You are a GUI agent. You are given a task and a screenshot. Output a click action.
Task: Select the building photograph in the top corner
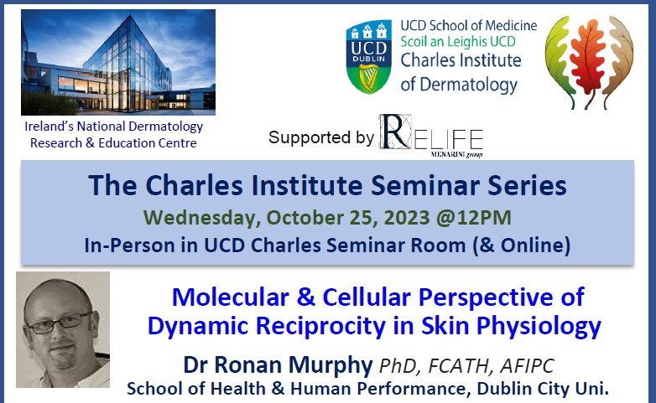click(117, 62)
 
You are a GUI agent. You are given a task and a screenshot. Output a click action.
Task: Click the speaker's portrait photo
click(63, 329)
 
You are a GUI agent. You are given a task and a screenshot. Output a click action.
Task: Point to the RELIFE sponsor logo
click(430, 137)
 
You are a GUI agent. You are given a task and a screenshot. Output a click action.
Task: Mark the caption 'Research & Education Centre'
click(113, 142)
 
